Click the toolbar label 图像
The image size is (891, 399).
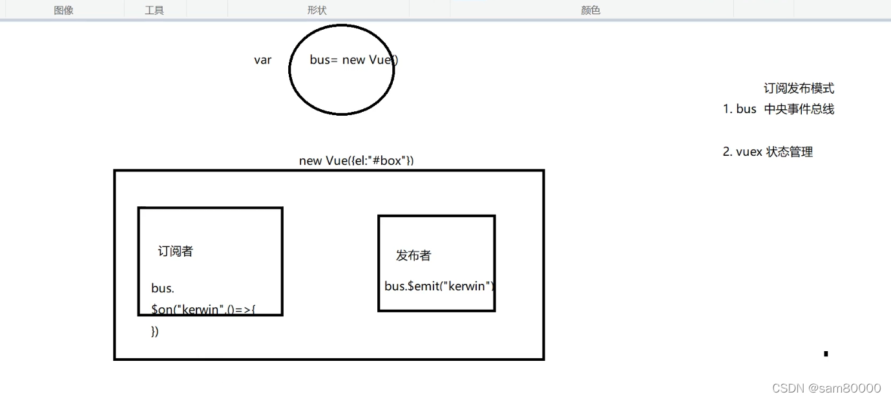[x=63, y=10]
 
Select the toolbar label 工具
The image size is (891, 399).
[x=154, y=10]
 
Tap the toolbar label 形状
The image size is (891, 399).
[x=317, y=10]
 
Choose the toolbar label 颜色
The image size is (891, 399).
[x=591, y=10]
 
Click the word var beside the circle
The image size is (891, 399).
[x=262, y=60]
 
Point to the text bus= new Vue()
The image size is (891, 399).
[x=353, y=60]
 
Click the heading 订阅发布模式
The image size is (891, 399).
[x=799, y=89]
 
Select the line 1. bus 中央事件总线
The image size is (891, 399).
[x=778, y=109]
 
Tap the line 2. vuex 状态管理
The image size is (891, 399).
[x=768, y=152]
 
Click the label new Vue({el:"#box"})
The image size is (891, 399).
[x=356, y=160]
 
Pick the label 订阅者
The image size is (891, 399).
[x=175, y=252]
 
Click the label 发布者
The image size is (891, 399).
[x=413, y=255]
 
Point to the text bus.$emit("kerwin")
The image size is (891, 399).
[x=439, y=286]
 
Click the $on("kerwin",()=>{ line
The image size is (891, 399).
[x=204, y=310]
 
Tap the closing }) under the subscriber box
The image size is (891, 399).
[x=154, y=332]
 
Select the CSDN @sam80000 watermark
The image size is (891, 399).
[x=826, y=388]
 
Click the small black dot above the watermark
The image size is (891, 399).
[x=826, y=354]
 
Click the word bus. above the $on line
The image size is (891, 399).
[x=163, y=288]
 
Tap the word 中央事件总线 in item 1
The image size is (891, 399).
[x=799, y=109]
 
